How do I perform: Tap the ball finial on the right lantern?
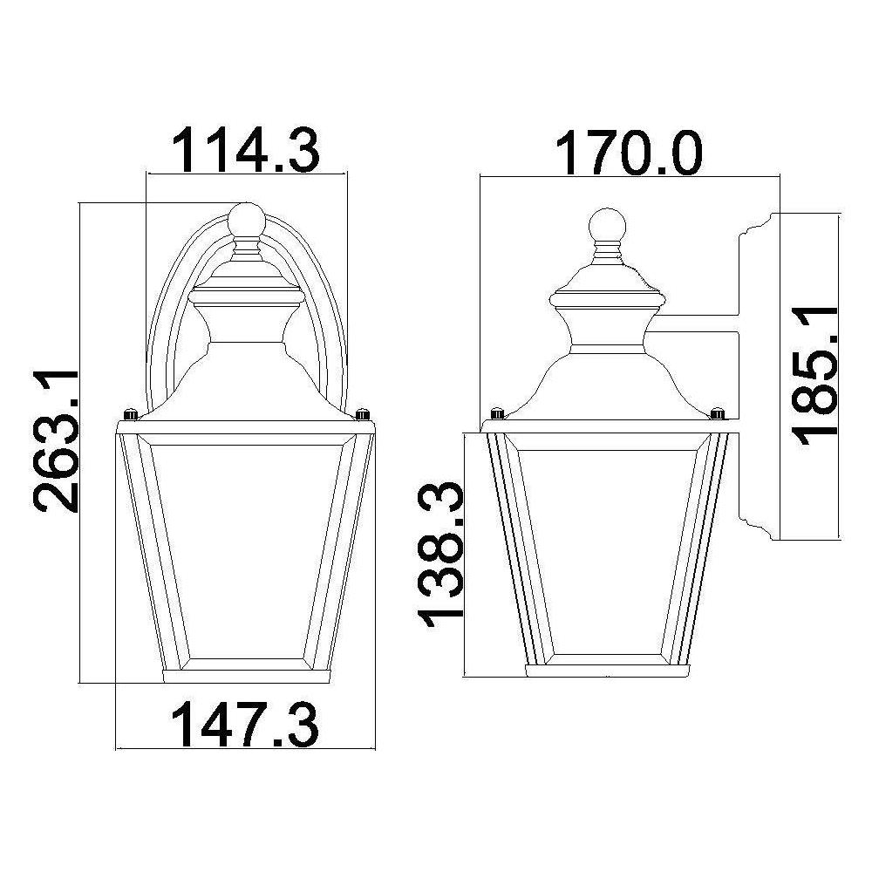pyautogui.click(x=608, y=224)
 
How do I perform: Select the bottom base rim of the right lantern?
pyautogui.click(x=607, y=671)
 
